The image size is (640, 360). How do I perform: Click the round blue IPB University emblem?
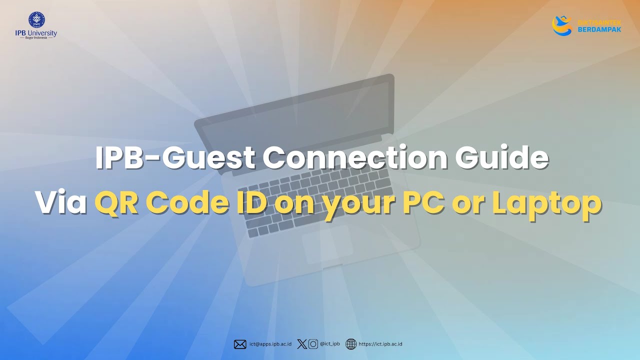(x=36, y=19)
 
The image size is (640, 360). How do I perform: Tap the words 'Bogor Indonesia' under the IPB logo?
(x=36, y=38)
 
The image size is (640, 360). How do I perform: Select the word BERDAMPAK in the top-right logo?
(x=599, y=29)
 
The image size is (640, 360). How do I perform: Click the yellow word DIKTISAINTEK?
(x=599, y=22)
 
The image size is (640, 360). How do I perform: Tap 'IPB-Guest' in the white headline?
(x=175, y=158)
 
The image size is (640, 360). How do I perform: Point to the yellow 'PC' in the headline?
(x=424, y=203)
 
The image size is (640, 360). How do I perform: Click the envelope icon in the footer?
(x=240, y=344)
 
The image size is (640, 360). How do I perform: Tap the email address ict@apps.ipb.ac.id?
(x=270, y=344)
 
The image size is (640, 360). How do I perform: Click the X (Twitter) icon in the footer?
(x=301, y=344)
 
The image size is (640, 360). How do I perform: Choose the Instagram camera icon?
(x=313, y=344)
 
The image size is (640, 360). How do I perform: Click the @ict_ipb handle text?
(x=330, y=344)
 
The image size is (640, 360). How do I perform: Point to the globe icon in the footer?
(x=351, y=344)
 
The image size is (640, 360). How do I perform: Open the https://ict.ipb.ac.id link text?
(x=380, y=344)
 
